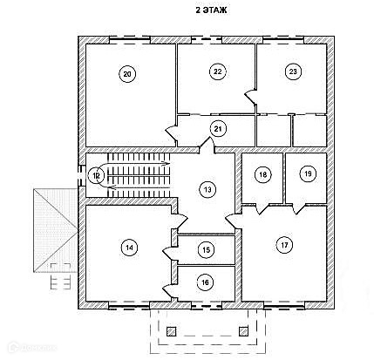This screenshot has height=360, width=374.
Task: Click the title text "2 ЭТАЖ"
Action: pyautogui.click(x=210, y=10)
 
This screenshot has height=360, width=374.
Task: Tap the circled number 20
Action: pyautogui.click(x=127, y=74)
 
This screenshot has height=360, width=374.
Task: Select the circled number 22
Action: pyautogui.click(x=217, y=71)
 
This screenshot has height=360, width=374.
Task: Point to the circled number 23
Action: pyautogui.click(x=293, y=71)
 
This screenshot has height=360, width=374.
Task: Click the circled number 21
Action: pyautogui.click(x=218, y=129)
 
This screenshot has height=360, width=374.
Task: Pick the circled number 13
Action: pyautogui.click(x=207, y=190)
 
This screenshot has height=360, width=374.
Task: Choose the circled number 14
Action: pyautogui.click(x=129, y=248)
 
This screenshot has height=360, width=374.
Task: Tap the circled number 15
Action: pyautogui.click(x=206, y=250)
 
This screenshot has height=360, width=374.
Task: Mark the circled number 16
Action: pyautogui.click(x=205, y=282)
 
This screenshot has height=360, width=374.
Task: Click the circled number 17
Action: pyautogui.click(x=284, y=245)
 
